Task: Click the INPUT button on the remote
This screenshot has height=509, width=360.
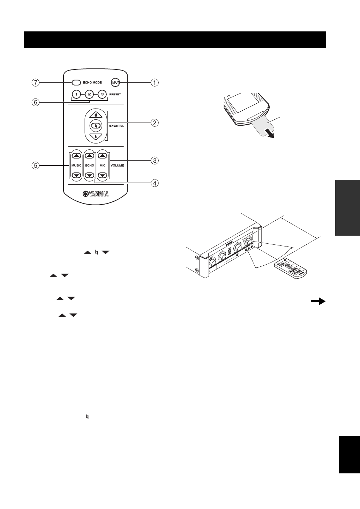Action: (x=115, y=83)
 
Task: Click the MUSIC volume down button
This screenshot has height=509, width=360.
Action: (x=76, y=175)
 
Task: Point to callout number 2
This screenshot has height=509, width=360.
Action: (x=155, y=123)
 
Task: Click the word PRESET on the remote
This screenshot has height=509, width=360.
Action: (x=114, y=94)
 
